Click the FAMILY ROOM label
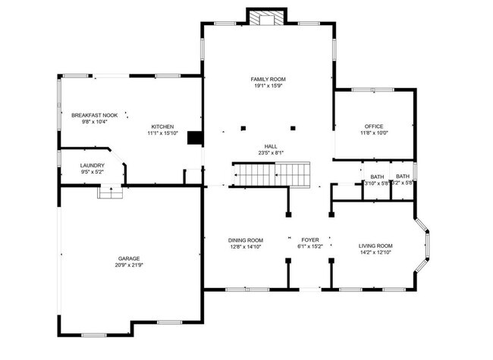[x=268, y=79]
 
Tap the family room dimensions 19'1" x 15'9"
[x=268, y=86]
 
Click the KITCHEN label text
[x=162, y=126]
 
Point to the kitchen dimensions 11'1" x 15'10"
[x=162, y=133]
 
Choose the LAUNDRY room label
[x=93, y=165]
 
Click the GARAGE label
[x=128, y=258]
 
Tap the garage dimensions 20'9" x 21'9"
[x=128, y=266]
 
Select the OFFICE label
[x=373, y=126]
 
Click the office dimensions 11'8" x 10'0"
[x=373, y=133]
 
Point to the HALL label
[x=269, y=146]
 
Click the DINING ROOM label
[x=246, y=240]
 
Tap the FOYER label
[x=311, y=240]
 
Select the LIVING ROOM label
[x=375, y=246]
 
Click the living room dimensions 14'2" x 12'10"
[x=375, y=253]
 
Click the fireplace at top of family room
[x=268, y=17]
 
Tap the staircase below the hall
[x=272, y=174]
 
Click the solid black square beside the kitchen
[x=195, y=138]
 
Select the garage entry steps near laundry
[x=110, y=193]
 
